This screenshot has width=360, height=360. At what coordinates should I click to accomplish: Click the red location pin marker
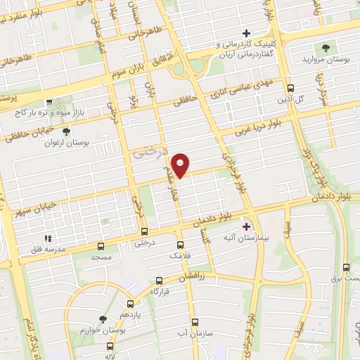[181, 165]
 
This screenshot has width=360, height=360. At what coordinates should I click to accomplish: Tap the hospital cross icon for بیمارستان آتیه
[247, 226]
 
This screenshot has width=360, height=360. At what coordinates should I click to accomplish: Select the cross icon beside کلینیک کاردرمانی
[246, 33]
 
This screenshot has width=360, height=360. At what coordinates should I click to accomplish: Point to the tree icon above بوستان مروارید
[326, 48]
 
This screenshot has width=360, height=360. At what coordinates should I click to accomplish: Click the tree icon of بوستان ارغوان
[66, 131]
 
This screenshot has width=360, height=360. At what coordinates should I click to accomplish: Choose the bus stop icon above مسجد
[101, 246]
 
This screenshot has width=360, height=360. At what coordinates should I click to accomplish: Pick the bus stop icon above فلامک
[180, 245]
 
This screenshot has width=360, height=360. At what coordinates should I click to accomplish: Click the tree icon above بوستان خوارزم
[103, 319]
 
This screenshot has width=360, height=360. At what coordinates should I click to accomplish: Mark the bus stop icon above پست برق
[346, 267]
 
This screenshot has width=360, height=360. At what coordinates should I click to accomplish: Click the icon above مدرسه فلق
[48, 239]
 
